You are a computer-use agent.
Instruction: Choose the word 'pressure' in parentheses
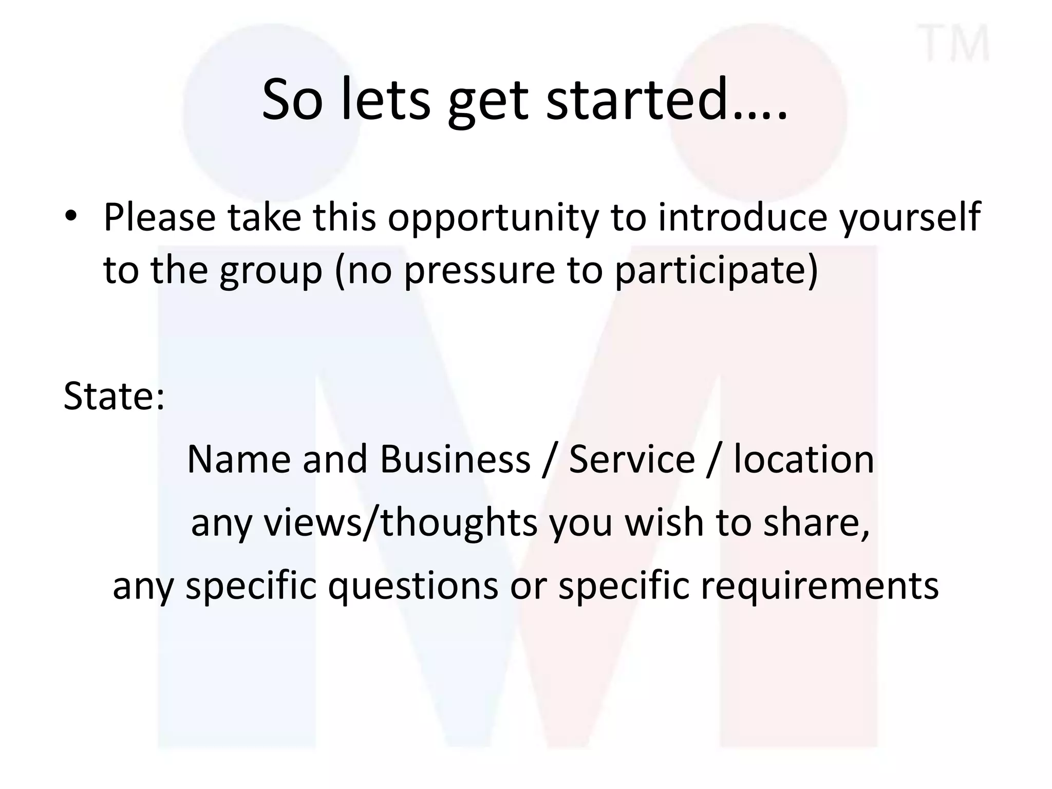pos(480,271)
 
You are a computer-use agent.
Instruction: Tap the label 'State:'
pos(114,396)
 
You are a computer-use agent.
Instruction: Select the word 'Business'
pos(455,459)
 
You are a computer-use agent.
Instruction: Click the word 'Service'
pos(632,459)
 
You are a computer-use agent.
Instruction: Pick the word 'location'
pos(803,459)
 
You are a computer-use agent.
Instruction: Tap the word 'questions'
pos(413,586)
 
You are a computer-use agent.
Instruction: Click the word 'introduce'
pos(743,217)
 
